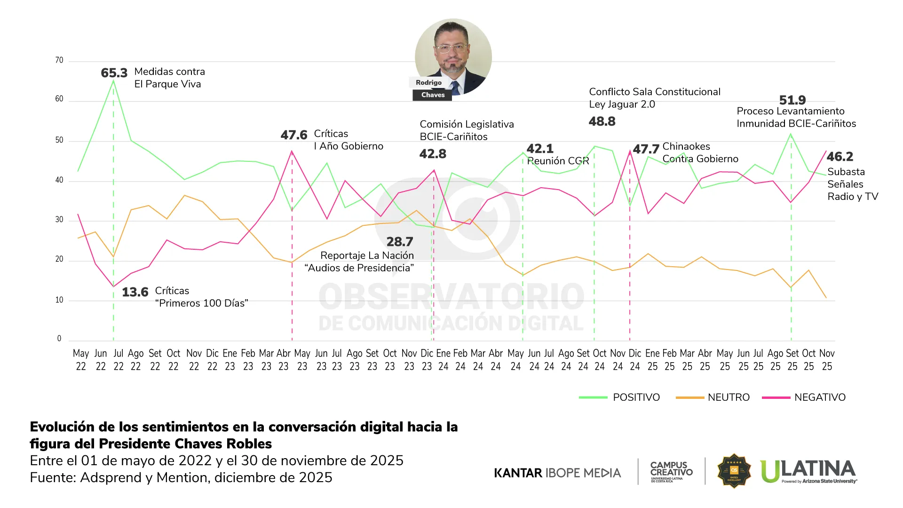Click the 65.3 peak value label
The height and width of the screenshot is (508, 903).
click(114, 73)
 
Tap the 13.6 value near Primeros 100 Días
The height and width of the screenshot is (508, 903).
click(135, 292)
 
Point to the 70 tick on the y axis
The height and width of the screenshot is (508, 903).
click(59, 60)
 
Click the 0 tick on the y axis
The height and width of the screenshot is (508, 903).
click(59, 338)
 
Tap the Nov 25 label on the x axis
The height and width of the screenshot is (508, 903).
click(827, 359)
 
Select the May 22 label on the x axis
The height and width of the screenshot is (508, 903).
click(81, 359)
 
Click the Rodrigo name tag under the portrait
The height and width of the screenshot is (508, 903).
click(428, 82)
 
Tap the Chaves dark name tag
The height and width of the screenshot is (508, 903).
click(433, 95)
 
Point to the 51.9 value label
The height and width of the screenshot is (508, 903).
click(792, 100)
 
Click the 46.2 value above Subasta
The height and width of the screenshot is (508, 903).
click(840, 157)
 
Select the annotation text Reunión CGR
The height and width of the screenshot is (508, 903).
click(558, 161)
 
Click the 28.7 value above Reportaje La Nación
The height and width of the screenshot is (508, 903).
click(399, 242)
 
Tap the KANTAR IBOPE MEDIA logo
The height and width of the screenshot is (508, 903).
click(557, 473)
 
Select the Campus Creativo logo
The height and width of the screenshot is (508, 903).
click(671, 471)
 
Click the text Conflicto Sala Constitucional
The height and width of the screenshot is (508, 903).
click(654, 92)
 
